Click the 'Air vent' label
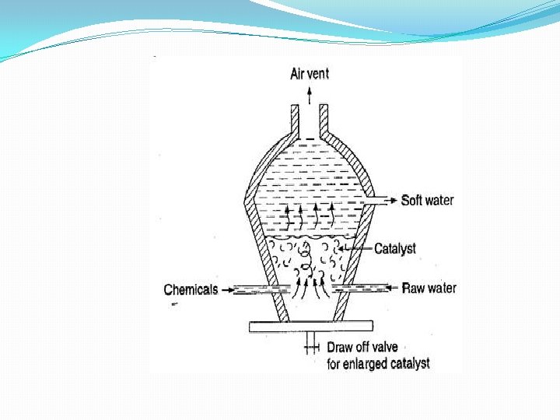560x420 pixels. [310, 74]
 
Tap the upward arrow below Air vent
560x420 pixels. [310, 95]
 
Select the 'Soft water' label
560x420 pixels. [427, 201]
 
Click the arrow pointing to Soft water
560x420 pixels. [389, 201]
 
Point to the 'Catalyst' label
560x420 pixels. [395, 249]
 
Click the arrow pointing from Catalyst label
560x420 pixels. [359, 249]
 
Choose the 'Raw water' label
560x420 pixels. [429, 289]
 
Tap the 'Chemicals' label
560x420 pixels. [191, 290]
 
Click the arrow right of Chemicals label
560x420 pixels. [227, 290]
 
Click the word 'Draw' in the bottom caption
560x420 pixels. [341, 348]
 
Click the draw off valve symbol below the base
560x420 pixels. [312, 343]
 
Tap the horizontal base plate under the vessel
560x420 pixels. [311, 327]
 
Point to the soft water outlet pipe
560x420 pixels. [372, 201]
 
